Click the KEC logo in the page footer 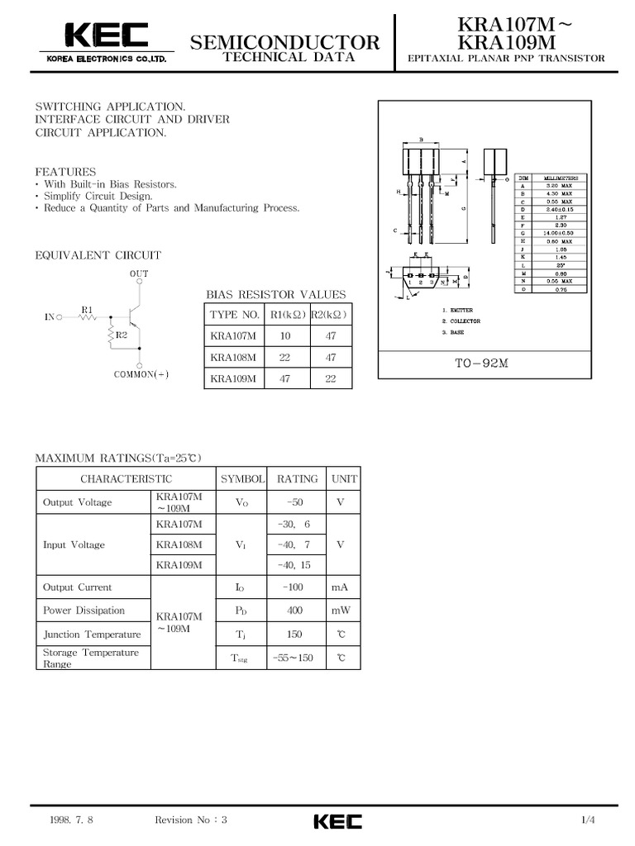(x=337, y=821)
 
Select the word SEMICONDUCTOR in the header (x=285, y=42)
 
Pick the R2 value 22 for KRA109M (x=331, y=379)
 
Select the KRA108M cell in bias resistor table (x=233, y=357)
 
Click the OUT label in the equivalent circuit (x=139, y=273)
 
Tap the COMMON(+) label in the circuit (x=141, y=374)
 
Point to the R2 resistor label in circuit (x=122, y=335)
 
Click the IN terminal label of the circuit (x=49, y=316)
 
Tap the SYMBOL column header (x=241, y=478)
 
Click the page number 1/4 (x=588, y=820)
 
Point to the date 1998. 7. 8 (x=70, y=820)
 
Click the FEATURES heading (x=65, y=171)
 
